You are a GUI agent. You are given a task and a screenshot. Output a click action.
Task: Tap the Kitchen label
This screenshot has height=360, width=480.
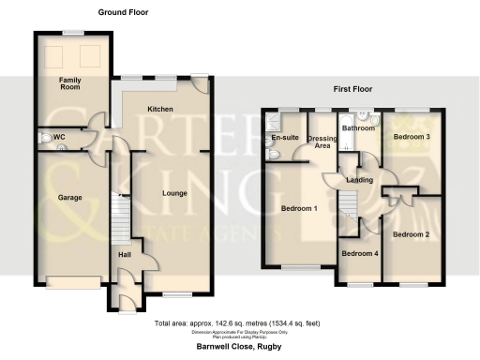160,109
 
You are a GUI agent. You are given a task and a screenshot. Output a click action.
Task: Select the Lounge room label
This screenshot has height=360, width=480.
175,194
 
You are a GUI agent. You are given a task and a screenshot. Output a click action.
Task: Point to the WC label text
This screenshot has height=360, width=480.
59,138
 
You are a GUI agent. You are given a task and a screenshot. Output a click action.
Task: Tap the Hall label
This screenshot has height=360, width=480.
124,253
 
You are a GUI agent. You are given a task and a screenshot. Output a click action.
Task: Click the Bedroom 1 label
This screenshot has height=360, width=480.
300,208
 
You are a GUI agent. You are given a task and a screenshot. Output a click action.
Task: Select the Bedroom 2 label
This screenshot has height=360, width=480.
411,234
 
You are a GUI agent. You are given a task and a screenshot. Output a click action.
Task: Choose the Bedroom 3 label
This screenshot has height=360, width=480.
411,137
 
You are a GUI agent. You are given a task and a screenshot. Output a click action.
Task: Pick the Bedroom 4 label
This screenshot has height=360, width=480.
359,253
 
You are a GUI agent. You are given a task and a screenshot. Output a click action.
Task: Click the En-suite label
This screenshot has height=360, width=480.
283,139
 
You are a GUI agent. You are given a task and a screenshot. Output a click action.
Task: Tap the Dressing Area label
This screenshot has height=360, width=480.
322,143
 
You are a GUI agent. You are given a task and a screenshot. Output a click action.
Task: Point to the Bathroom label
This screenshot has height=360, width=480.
358,127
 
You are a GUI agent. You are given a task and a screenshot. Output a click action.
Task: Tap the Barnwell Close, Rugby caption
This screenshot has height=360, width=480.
238,348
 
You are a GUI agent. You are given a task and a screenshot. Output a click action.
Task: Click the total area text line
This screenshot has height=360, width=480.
238,323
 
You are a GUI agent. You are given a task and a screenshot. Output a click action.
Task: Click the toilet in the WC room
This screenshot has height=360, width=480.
45,139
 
